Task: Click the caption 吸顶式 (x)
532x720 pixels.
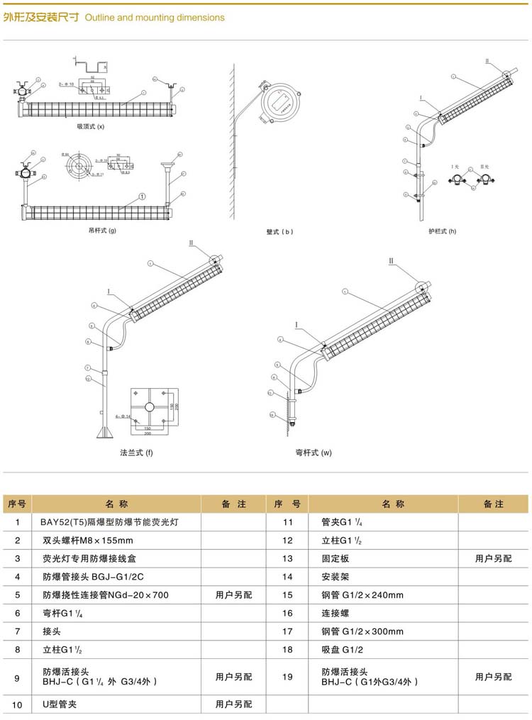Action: [90, 127]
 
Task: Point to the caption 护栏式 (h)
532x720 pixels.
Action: [443, 231]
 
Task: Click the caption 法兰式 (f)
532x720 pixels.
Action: [136, 453]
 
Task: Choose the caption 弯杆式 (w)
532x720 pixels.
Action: [314, 453]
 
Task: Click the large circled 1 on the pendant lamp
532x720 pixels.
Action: [143, 196]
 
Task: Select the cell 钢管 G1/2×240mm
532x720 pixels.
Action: [362, 595]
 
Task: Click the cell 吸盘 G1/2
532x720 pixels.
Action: [342, 649]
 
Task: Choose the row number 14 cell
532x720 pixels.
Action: [287, 577]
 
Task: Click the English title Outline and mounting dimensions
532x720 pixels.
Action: [155, 17]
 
